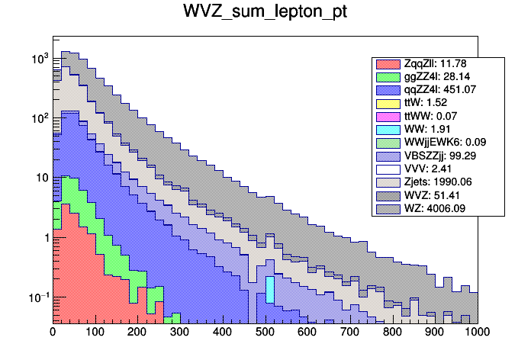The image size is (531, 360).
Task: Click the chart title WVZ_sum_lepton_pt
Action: [x=265, y=13]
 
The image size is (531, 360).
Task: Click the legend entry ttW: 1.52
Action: [x=428, y=103]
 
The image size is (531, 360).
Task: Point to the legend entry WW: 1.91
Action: [x=428, y=129]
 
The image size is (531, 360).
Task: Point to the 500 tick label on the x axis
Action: [x=265, y=333]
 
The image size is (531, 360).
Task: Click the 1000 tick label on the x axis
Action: [x=476, y=333]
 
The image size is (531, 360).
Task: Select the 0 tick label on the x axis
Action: [x=53, y=333]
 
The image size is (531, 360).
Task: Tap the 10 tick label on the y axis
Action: [x=41, y=178]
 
